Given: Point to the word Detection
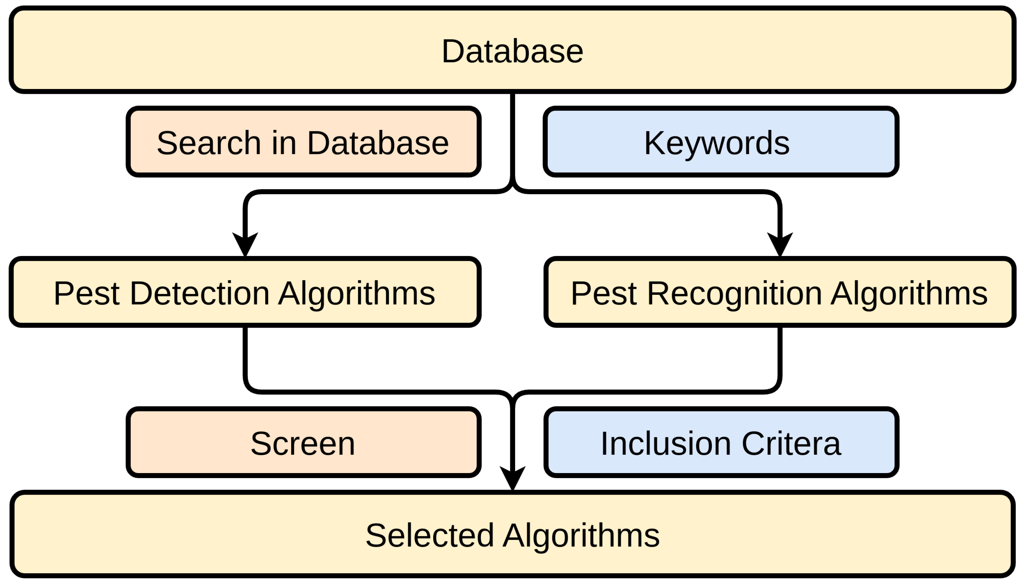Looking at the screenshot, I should click(199, 294).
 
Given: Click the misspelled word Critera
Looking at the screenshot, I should click(791, 443).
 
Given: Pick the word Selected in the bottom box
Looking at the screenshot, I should click(429, 535).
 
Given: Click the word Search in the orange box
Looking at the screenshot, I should click(209, 143).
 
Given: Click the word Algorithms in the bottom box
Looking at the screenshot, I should click(581, 536).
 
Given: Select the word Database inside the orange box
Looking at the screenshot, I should click(378, 143).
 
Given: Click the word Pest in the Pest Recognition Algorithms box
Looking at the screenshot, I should click(604, 294).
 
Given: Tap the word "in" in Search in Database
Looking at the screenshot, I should click(284, 143).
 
